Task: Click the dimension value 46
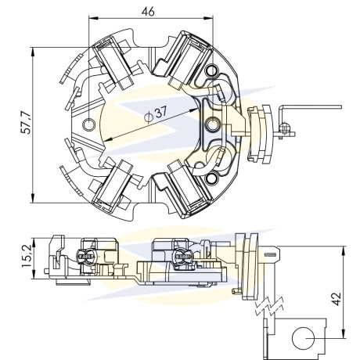pos(148,12)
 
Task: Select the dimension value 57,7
pos(26,123)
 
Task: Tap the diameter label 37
pos(160,113)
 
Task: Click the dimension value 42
pos(337,299)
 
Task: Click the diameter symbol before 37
pos(148,117)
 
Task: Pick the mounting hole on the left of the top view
pos(88,124)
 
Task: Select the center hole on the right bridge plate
pos(213,124)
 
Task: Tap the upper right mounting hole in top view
pos(211,70)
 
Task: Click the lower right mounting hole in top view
pos(211,178)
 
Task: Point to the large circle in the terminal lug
pos(303,338)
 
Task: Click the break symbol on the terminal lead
pos(269,305)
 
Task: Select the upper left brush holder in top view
pos(113,63)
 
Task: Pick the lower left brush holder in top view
pos(113,185)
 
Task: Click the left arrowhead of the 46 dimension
pos(92,18)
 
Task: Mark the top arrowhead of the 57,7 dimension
pos(33,52)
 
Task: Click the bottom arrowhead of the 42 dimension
pos(344,333)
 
